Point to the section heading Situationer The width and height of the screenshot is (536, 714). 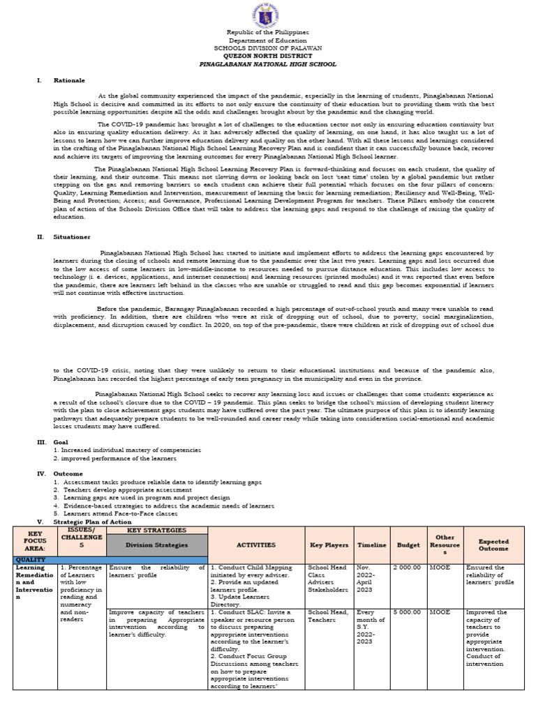pos(72,236)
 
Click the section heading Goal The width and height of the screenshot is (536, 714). pos(62,442)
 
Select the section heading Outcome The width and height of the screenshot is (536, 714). pos(68,473)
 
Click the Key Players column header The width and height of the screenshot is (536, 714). pos(329,545)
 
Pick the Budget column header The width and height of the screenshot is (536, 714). pos(408,545)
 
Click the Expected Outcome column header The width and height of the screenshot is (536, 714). pos(493,545)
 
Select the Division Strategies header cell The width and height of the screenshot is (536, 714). pos(157,545)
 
